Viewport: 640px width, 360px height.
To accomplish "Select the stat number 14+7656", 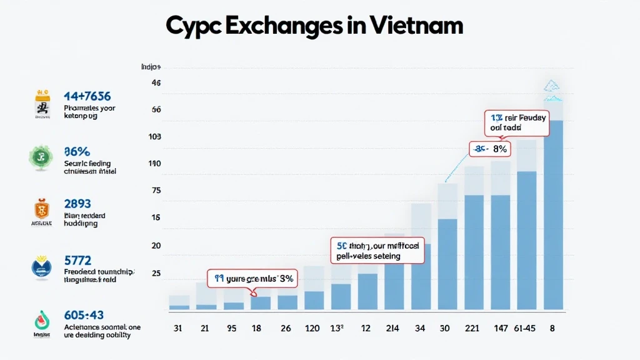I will click(x=87, y=96).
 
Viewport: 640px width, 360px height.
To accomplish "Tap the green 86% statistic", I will click(x=77, y=151).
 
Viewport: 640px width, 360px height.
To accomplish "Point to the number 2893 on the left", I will click(x=77, y=204).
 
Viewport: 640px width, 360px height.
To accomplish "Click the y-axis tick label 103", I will click(x=154, y=136).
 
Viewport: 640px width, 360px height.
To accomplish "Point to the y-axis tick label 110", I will click(x=154, y=164).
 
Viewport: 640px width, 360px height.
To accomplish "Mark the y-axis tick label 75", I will click(x=156, y=191).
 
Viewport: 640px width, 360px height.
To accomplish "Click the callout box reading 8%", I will click(x=491, y=149).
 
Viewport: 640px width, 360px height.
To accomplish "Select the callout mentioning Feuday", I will click(x=516, y=122).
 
